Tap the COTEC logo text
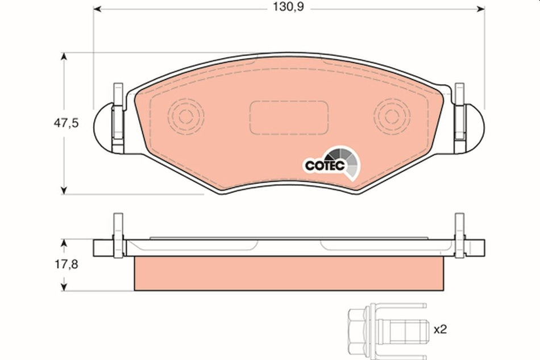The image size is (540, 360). click(x=322, y=165)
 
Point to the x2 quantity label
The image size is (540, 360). click(x=441, y=329)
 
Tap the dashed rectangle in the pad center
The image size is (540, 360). click(x=289, y=117)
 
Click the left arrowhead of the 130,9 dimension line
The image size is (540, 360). click(x=97, y=9)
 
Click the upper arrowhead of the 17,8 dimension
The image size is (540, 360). click(x=64, y=243)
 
